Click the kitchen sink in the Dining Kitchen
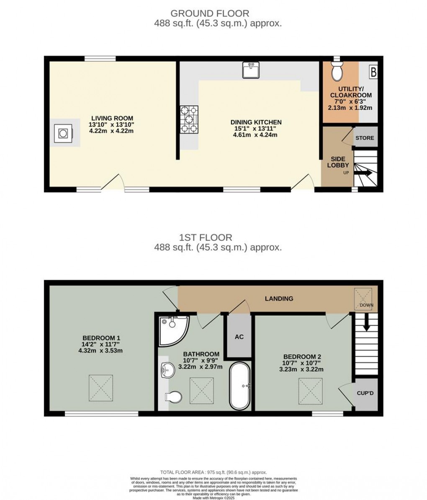[251, 70]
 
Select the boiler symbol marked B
[373, 72]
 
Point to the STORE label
[365, 138]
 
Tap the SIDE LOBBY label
[337, 162]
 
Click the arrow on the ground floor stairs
[365, 172]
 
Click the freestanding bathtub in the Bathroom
[240, 386]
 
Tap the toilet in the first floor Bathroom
[173, 396]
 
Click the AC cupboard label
[239, 337]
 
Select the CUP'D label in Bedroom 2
[365, 394]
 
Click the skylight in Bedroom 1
[101, 387]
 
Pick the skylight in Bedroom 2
[311, 391]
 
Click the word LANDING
[279, 299]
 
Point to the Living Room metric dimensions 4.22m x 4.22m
[111, 131]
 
